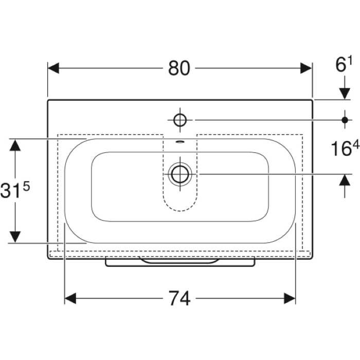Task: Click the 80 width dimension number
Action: click(179, 68)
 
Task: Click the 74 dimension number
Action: click(179, 298)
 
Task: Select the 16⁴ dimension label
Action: click(345, 148)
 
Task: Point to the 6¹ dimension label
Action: click(344, 64)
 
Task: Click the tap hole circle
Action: click(180, 120)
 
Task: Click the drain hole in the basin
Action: click(180, 174)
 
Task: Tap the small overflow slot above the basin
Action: click(180, 141)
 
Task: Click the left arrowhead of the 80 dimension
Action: click(53, 68)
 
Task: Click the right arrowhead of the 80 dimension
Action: click(306, 68)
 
